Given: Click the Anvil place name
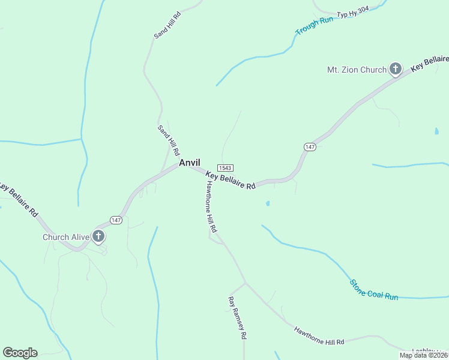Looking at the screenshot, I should tap(188, 163).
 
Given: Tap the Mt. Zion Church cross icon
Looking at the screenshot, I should tap(396, 69).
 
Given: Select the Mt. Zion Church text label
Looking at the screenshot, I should tap(356, 70).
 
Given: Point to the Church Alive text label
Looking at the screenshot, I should tap(66, 237).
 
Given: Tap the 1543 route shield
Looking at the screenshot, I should tap(226, 168).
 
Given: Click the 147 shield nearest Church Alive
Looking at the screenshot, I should tap(116, 220).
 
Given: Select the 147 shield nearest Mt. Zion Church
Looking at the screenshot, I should tap(310, 147).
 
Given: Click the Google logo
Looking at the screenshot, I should tap(20, 353).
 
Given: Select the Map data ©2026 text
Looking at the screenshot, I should tap(423, 355).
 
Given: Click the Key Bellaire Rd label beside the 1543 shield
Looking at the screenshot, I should tap(231, 181).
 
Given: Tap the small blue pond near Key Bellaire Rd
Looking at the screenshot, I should tap(268, 203).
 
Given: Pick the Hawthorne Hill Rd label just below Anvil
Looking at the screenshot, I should tap(208, 206).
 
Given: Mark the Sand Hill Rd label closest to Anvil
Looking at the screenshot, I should tap(169, 140).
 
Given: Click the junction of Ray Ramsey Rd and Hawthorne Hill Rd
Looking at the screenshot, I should tap(245, 283).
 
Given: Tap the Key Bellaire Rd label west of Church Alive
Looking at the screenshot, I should tap(19, 199).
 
